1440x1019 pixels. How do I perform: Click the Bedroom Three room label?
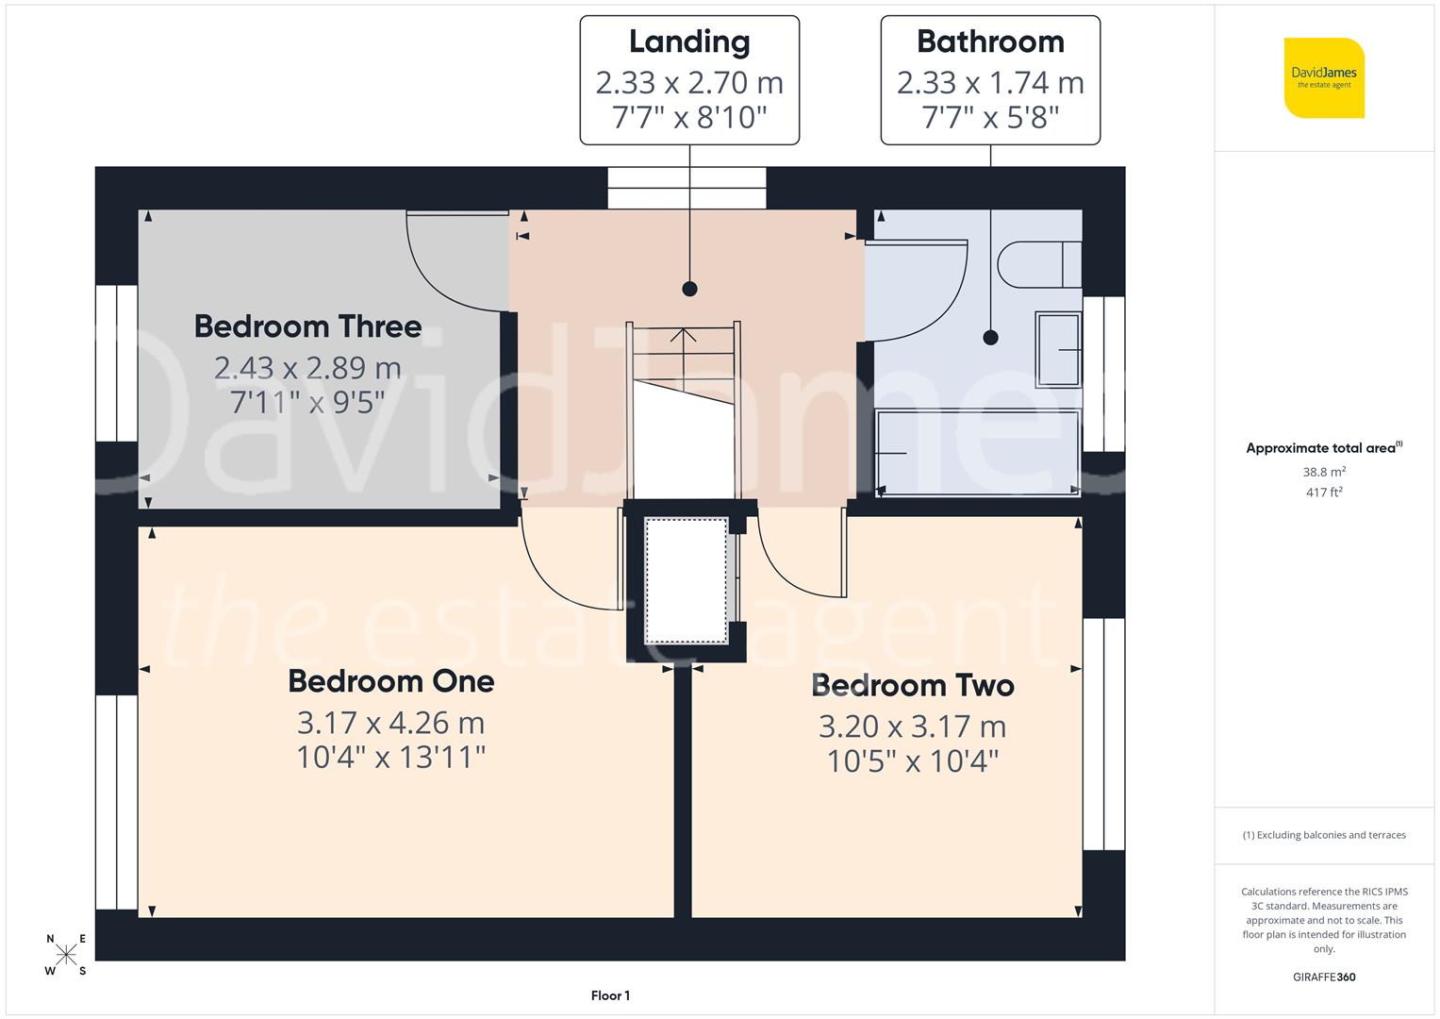pyautogui.click(x=307, y=326)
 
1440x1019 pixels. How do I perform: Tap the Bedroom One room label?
pyautogui.click(x=390, y=681)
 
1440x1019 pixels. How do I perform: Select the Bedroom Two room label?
pyautogui.click(x=912, y=685)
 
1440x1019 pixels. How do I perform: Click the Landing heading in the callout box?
pyautogui.click(x=689, y=42)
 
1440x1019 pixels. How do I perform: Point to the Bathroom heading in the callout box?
pyautogui.click(x=990, y=42)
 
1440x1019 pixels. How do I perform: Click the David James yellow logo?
pyautogui.click(x=1324, y=77)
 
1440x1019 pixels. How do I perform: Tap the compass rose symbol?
pyautogui.click(x=66, y=955)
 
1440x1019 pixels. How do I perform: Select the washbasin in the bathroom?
pyautogui.click(x=1058, y=350)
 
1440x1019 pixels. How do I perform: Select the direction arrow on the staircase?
pyautogui.click(x=684, y=335)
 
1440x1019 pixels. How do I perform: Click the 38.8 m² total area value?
pyautogui.click(x=1324, y=472)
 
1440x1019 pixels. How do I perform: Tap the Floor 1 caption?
pyautogui.click(x=610, y=995)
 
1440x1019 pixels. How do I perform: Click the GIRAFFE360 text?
pyautogui.click(x=1324, y=977)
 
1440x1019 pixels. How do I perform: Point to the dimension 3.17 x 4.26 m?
pyautogui.click(x=390, y=723)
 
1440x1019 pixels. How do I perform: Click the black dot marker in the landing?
pyautogui.click(x=689, y=289)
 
